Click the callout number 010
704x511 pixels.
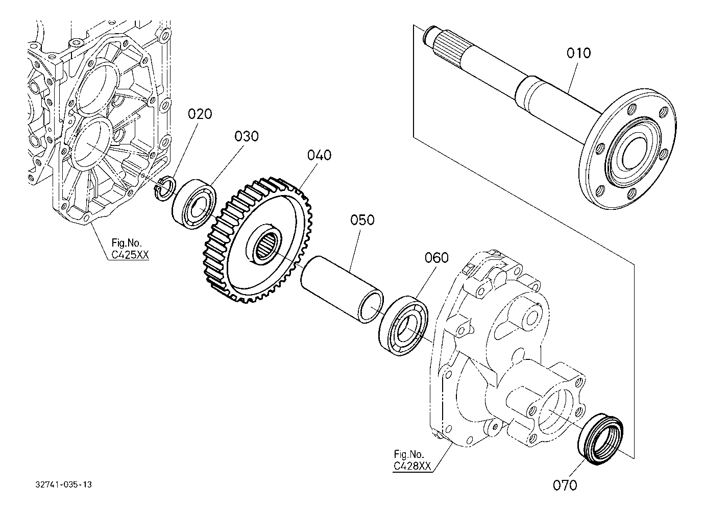coord(578,53)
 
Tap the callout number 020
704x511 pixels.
coord(200,114)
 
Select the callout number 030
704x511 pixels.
coord(247,136)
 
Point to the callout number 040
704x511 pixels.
coord(319,155)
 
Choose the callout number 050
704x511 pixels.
coord(362,220)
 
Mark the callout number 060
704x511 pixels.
coord(436,258)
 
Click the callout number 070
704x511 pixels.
coord(565,485)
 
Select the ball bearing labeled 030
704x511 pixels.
coord(194,204)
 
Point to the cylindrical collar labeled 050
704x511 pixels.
coord(342,290)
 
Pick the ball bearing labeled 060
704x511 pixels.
coord(403,326)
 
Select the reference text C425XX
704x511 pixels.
coord(130,254)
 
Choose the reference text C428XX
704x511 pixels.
coord(412,466)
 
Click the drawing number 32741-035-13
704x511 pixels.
coord(63,484)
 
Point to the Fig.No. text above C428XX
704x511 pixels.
coord(409,454)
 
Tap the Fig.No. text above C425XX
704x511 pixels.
coord(127,242)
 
